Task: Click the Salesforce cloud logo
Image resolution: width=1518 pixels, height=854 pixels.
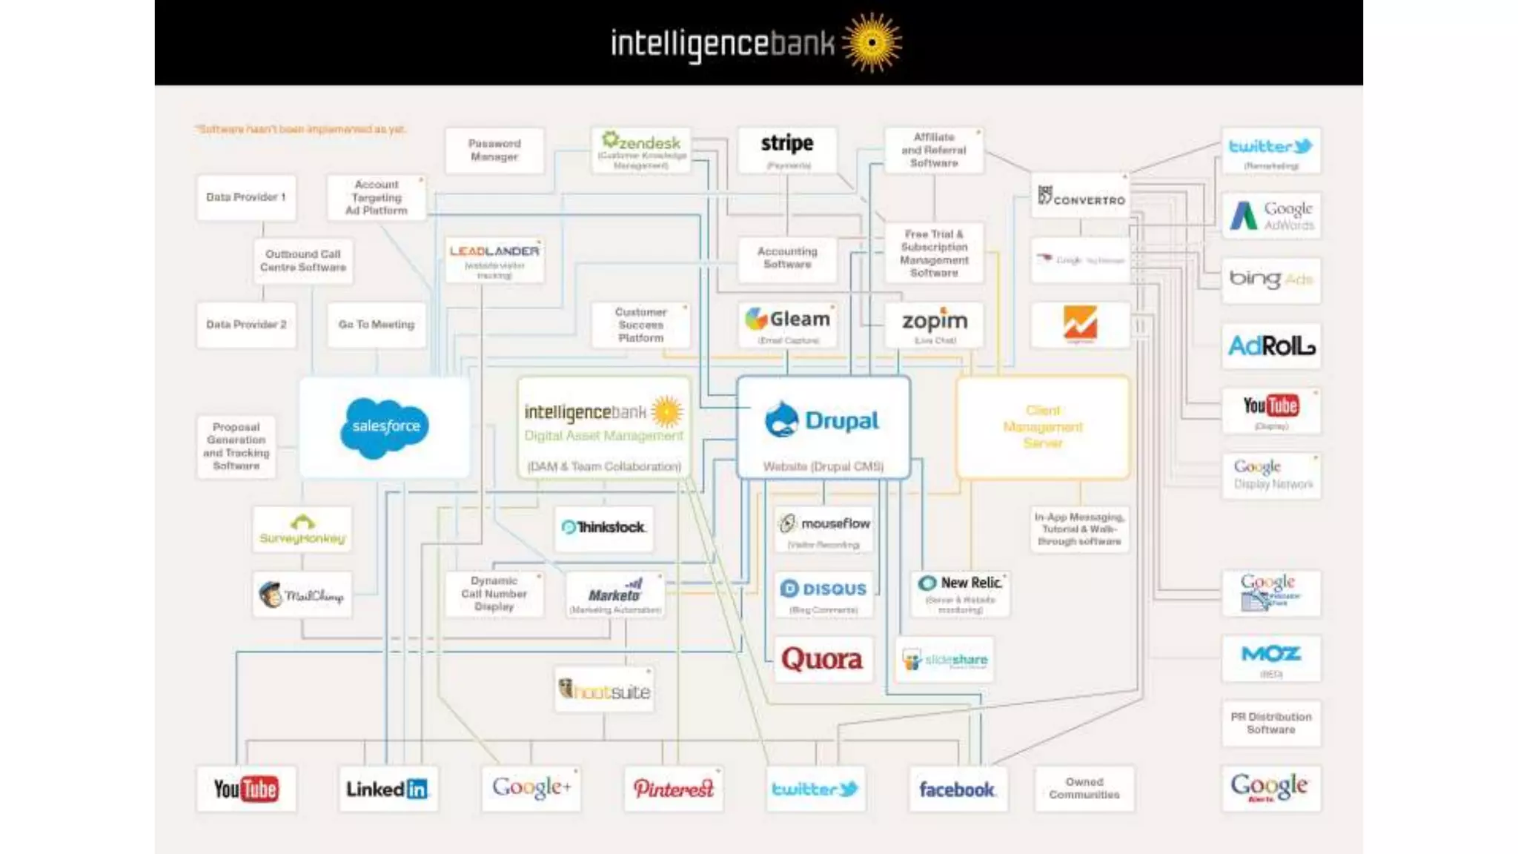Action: click(385, 427)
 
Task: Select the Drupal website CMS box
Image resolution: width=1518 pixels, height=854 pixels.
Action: click(823, 428)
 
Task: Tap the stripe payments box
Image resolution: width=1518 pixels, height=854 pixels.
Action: click(787, 150)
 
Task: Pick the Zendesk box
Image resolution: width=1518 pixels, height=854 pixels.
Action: click(642, 150)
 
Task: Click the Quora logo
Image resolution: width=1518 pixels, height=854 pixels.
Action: click(822, 659)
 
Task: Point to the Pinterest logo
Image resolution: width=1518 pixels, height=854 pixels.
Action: click(673, 789)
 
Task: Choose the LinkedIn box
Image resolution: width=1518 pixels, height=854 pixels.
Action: click(388, 789)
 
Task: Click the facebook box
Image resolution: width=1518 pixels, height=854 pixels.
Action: click(957, 789)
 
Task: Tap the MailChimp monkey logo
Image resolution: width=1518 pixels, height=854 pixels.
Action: click(271, 595)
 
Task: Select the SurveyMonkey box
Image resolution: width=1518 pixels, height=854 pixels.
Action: click(302, 529)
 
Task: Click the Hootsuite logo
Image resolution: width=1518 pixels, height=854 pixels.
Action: click(604, 691)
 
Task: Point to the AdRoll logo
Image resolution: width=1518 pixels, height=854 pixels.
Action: click(1270, 345)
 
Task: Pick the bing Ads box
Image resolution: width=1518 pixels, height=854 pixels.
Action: click(1270, 280)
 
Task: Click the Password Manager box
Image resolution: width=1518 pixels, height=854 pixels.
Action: click(494, 150)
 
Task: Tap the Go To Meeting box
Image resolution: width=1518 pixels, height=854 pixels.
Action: click(377, 325)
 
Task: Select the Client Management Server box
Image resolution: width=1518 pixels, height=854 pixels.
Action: click(1043, 428)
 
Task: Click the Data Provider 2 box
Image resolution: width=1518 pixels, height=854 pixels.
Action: click(246, 325)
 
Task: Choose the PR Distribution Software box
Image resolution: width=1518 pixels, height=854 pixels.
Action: click(1270, 724)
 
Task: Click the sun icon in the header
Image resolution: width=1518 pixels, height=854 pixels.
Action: click(872, 42)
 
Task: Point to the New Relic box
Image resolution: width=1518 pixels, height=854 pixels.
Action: click(961, 594)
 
